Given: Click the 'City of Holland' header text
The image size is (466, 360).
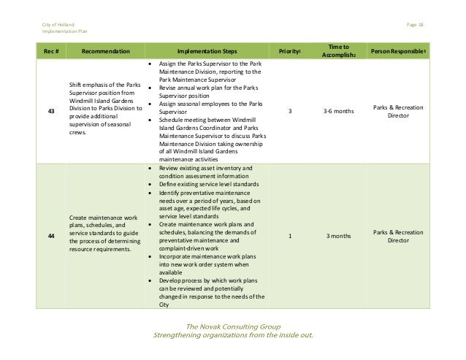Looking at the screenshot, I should tap(57, 25).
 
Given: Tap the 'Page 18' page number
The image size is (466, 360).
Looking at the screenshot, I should tap(415, 25).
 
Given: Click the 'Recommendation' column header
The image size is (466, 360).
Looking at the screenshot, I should tap(106, 52).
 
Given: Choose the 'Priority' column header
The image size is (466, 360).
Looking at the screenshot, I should tap(289, 52).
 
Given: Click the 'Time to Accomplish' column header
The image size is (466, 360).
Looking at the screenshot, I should tap(333, 52).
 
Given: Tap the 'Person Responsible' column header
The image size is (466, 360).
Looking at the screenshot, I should tap(398, 52).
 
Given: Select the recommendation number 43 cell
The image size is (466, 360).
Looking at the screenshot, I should tap(50, 112).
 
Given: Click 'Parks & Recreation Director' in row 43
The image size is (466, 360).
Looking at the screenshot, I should tap(397, 112).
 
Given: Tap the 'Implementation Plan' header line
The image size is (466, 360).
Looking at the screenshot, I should tap(64, 33).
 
